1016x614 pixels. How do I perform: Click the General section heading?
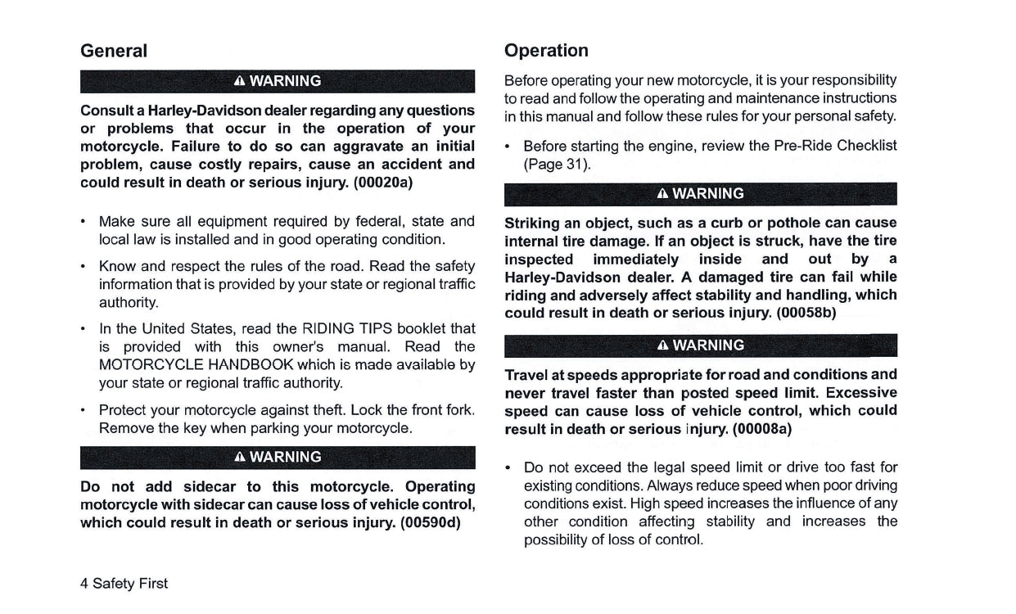click(114, 51)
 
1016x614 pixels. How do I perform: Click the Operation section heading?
click(546, 51)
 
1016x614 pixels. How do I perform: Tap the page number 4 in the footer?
click(84, 583)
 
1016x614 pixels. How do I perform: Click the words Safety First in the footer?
click(130, 583)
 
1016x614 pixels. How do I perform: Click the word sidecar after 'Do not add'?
click(210, 486)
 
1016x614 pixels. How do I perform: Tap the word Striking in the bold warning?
click(531, 223)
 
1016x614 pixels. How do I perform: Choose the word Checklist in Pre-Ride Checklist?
click(865, 146)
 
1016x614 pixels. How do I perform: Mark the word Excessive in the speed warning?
click(861, 392)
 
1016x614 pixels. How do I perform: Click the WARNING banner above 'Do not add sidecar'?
click(278, 457)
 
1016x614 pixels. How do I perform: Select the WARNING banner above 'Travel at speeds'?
click(701, 345)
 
